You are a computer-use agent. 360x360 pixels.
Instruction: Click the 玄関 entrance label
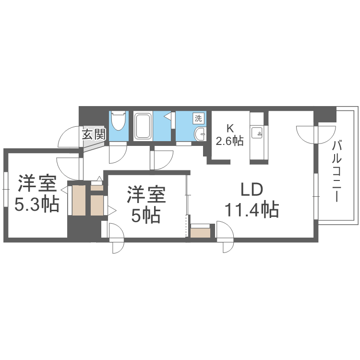93,134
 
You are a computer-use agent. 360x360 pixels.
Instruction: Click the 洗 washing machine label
198,118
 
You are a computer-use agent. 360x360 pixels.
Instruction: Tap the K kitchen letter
230,128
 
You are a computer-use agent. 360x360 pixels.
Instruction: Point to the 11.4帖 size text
251,210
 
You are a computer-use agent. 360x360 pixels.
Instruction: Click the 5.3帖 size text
36,204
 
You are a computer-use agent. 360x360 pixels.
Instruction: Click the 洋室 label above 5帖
146,196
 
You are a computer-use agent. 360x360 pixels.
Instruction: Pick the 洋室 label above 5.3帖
37,184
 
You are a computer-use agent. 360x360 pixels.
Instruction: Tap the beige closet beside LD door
200,233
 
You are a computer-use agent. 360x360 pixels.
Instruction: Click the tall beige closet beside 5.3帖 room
78,201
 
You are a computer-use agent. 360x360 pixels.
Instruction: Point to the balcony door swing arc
307,133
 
